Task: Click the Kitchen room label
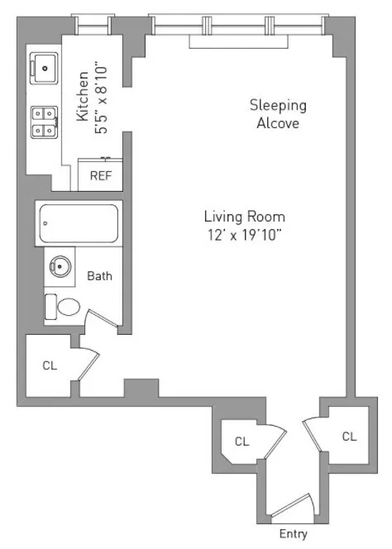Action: (x=84, y=97)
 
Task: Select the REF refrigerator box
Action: (x=100, y=175)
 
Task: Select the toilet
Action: (x=63, y=307)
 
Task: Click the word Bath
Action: (x=99, y=276)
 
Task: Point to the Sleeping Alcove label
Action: (x=278, y=114)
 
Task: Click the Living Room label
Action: (x=244, y=217)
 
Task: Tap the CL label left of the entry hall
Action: (x=241, y=442)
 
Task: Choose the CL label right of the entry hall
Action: (x=349, y=436)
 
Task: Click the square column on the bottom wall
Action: (x=141, y=388)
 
